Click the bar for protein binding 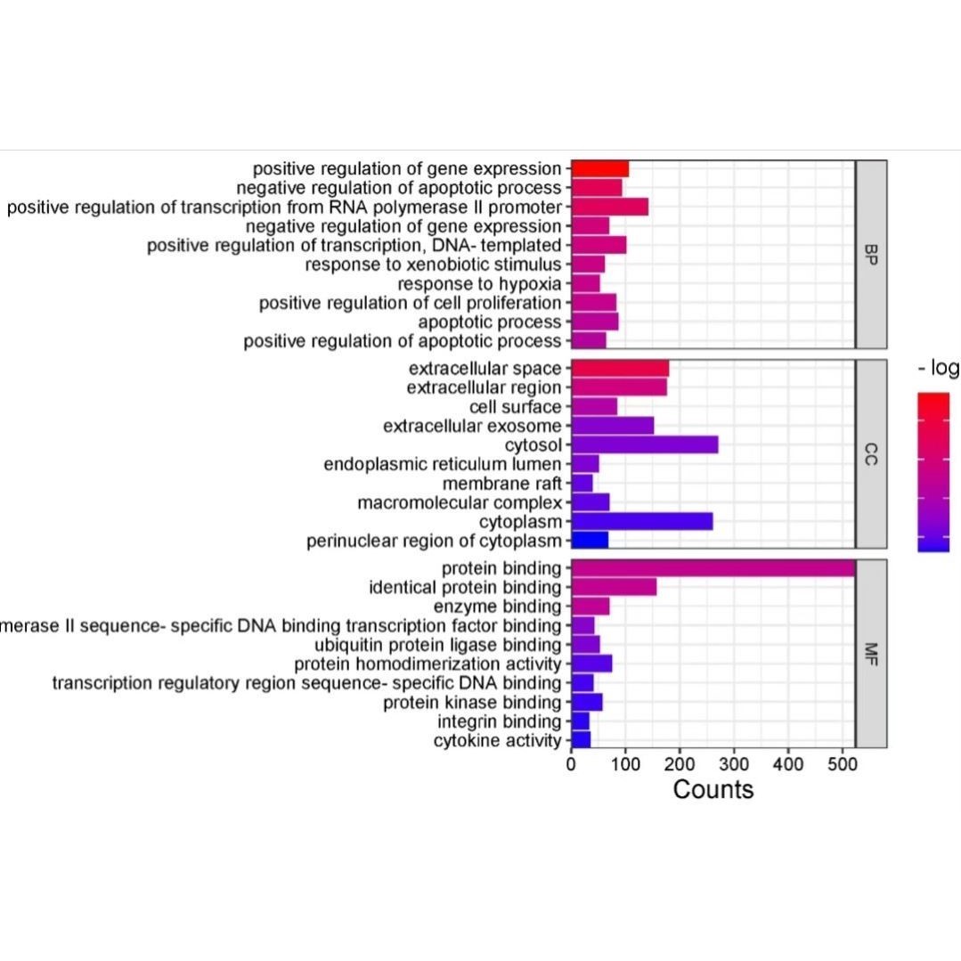coord(713,568)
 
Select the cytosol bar coord(644,444)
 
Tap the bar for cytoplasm coord(641,521)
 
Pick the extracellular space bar coord(619,369)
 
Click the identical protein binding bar coord(614,587)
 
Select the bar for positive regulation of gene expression coord(599,169)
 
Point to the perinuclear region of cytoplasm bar coord(590,541)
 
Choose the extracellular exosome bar coord(612,426)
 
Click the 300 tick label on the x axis coord(734,764)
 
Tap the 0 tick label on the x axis coord(571,764)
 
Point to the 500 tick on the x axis coord(843,764)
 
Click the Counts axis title coord(713,790)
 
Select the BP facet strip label coord(870,255)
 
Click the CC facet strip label coord(870,454)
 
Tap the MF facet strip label coord(870,654)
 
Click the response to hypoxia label coord(479,284)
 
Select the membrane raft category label coord(502,484)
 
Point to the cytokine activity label coord(498,741)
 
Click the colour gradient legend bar coord(933,472)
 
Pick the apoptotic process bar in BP coord(594,322)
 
